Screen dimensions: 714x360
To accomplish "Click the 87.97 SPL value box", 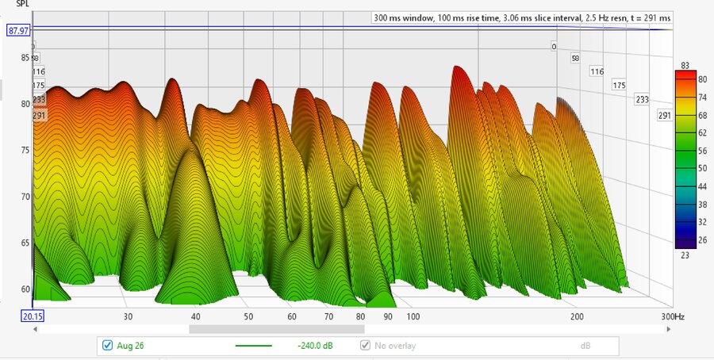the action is coord(18,30).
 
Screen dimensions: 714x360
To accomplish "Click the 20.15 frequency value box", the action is coord(33,316).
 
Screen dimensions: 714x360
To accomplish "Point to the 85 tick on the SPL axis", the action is coord(25,57).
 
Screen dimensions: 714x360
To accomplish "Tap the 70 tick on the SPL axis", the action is coord(25,197).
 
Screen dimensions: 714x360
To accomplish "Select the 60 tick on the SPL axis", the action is coord(25,289).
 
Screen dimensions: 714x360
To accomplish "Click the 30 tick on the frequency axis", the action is coord(128,316).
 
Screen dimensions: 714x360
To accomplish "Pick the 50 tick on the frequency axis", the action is coord(248,316).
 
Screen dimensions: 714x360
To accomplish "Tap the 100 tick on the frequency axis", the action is coord(413,316).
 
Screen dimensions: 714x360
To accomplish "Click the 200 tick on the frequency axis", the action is coord(577,316).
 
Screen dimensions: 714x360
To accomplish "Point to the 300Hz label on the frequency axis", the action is coord(673,316).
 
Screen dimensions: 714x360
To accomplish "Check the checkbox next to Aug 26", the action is coord(107,346).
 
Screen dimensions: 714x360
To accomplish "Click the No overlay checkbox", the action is coord(365,346).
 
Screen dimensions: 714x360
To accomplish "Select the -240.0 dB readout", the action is coord(315,346).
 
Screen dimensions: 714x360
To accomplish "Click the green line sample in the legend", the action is coord(253,346).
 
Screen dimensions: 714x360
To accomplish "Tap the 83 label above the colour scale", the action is coord(685,66).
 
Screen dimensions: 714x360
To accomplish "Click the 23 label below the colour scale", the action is coord(685,255).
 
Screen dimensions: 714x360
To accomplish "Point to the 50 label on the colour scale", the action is coord(702,168).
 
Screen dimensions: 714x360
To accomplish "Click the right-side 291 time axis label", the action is coord(664,116).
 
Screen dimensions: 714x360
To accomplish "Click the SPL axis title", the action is coord(23,4).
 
